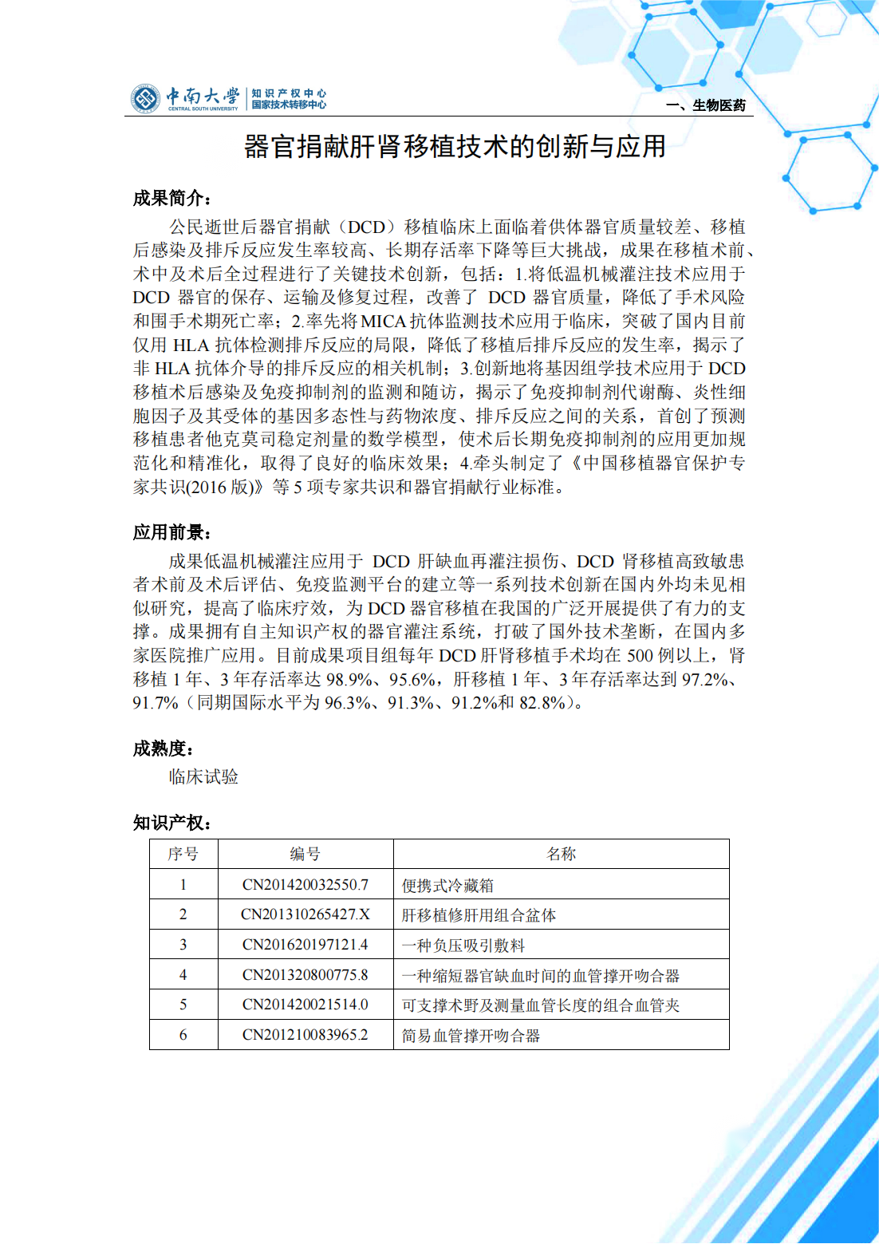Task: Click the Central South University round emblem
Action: (x=145, y=99)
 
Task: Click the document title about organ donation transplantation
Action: (x=455, y=147)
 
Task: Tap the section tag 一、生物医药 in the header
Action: (x=706, y=105)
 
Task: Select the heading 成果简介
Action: (x=171, y=198)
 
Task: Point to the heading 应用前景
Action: (x=171, y=532)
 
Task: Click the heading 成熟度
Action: (x=164, y=748)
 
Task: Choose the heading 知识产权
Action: (x=171, y=823)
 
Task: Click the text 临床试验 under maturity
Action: (x=203, y=777)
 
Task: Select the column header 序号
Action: (x=183, y=854)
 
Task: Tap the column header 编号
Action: (x=305, y=854)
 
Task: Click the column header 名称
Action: (x=561, y=854)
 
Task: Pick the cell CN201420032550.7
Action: (x=305, y=885)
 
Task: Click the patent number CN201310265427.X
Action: (x=305, y=914)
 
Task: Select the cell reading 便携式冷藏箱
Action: (x=447, y=886)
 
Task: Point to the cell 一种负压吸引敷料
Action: (x=463, y=946)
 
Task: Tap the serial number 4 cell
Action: (x=183, y=975)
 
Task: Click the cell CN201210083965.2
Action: (x=305, y=1035)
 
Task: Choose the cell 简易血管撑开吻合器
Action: (x=471, y=1036)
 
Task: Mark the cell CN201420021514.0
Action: (x=305, y=1005)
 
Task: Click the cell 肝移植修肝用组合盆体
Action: (x=479, y=915)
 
